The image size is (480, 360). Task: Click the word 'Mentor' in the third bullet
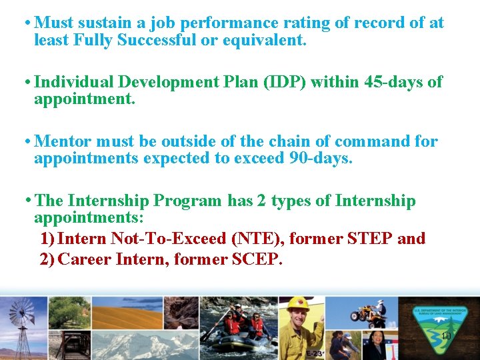click(x=63, y=141)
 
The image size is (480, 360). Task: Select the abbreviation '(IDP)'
click(x=287, y=82)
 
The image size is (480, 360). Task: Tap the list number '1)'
click(x=47, y=238)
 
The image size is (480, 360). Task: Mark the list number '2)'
click(x=47, y=259)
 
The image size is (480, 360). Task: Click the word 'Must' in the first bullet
click(x=54, y=23)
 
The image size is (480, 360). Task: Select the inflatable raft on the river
click(x=239, y=339)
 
